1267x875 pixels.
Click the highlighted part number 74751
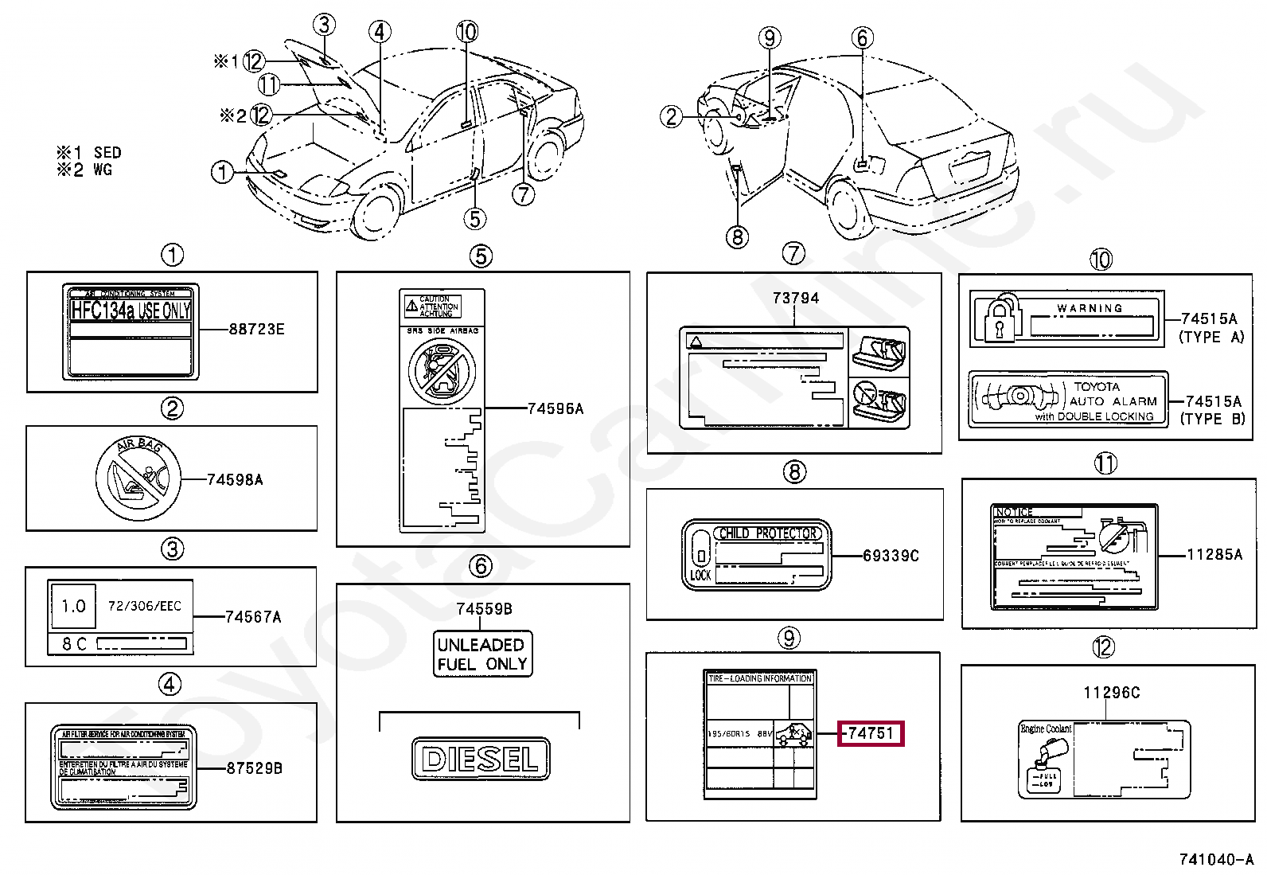[871, 733]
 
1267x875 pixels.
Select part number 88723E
[256, 329]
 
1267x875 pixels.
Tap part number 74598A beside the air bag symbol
[235, 479]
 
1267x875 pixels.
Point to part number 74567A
[253, 616]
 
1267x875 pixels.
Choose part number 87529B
[254, 768]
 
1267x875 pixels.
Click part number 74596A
[556, 408]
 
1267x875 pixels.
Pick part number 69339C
[891, 555]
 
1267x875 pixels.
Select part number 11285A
[1214, 554]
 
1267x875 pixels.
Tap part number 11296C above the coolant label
[1111, 693]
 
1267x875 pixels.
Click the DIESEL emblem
[481, 759]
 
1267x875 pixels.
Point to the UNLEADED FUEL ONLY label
[482, 654]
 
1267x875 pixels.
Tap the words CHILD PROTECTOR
[767, 533]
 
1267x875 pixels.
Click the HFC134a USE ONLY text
[131, 311]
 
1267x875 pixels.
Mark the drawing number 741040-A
[1215, 859]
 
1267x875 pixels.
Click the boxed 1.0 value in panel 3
[73, 607]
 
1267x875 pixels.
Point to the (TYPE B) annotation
[1211, 419]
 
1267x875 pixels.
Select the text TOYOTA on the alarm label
[1096, 386]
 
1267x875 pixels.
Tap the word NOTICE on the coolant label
[1014, 512]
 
